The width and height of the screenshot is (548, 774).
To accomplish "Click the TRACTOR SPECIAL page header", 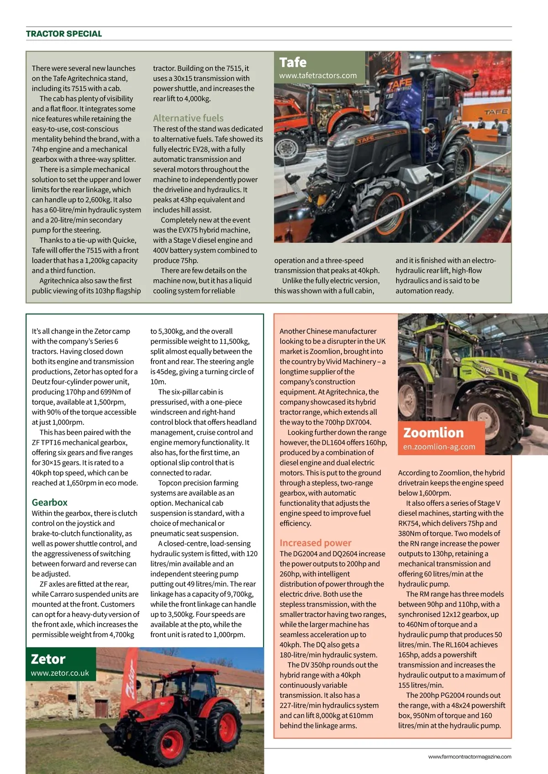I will coord(64,34).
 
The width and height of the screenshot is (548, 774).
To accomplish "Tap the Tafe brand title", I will coord(293,63).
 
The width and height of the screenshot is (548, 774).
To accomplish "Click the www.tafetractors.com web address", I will coord(318,76).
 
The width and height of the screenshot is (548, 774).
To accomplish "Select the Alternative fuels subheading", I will coord(188,118).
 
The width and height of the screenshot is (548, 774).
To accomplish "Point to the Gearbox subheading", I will coord(49,502).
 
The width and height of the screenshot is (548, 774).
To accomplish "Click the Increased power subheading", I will coord(316,543).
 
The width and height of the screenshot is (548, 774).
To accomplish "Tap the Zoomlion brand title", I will coord(433,433).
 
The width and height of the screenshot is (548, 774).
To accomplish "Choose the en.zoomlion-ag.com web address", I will coord(439,447).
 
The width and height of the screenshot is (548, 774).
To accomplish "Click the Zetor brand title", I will coord(48,659).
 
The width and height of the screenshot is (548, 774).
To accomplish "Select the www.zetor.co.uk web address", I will coord(60,673).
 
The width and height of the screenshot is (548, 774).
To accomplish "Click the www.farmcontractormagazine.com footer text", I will coord(469,757).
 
